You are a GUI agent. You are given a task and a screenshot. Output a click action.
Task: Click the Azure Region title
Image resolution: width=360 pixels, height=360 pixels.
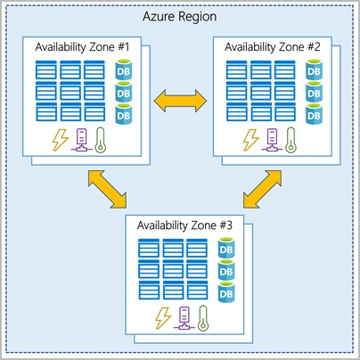click(x=179, y=17)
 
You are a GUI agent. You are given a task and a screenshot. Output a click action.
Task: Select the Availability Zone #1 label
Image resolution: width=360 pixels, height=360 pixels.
click(x=82, y=47)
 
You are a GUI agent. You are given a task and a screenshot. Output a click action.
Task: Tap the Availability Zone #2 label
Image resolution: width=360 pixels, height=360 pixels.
click(x=273, y=47)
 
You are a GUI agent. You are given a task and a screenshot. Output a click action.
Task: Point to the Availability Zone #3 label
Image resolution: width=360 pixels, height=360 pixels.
click(x=184, y=225)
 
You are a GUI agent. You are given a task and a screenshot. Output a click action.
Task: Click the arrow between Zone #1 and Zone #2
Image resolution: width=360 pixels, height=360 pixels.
click(x=180, y=101)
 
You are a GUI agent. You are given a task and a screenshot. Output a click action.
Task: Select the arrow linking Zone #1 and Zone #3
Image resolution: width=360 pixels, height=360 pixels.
click(x=108, y=189)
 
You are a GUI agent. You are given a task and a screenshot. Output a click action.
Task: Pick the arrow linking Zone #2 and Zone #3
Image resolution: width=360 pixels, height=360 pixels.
click(x=262, y=189)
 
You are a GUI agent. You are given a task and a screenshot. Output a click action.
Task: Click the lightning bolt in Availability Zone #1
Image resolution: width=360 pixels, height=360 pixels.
click(x=61, y=140)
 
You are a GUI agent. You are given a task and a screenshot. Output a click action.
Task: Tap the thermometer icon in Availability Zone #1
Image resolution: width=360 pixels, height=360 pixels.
click(x=101, y=140)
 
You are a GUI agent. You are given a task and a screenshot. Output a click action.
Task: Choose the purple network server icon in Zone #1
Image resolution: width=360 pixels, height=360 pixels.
click(x=81, y=140)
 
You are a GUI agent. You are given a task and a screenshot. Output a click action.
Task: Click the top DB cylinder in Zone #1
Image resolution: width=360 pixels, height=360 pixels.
click(x=124, y=70)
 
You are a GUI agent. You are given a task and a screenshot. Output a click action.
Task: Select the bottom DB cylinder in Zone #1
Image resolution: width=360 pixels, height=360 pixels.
click(x=124, y=114)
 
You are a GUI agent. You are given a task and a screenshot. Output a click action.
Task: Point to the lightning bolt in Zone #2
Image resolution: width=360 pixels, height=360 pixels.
click(x=251, y=140)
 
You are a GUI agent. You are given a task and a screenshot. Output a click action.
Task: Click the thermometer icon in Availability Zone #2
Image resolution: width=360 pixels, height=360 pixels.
click(x=290, y=140)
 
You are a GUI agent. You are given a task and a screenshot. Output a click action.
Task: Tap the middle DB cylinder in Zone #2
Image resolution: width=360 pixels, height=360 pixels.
click(x=314, y=92)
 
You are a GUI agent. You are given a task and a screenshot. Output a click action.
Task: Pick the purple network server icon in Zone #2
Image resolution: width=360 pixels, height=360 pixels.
click(x=272, y=140)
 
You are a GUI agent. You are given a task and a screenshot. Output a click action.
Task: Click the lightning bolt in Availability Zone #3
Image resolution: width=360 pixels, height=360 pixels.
click(x=163, y=318)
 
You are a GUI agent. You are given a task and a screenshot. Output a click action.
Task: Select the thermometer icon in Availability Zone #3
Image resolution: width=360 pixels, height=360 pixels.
click(x=203, y=318)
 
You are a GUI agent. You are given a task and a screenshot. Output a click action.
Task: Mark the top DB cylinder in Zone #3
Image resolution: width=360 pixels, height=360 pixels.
click(x=226, y=248)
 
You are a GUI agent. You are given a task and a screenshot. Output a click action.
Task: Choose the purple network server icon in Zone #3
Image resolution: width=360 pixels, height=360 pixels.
click(x=184, y=318)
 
